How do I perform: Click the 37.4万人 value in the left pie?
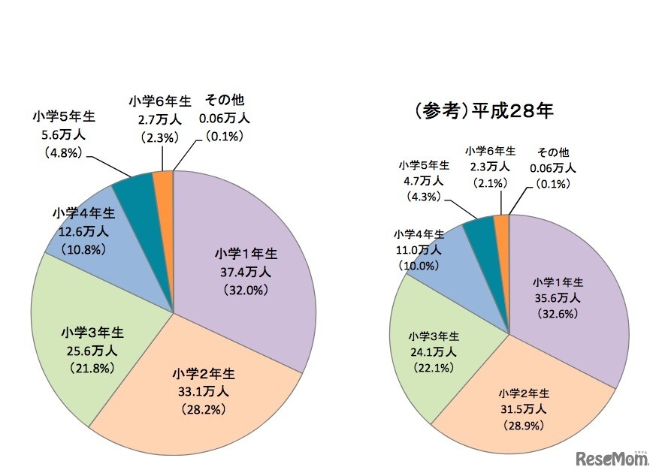click(x=240, y=271)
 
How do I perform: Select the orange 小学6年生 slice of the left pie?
click(x=164, y=180)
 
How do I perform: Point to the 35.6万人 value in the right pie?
click(x=558, y=298)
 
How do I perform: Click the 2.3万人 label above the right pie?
click(x=490, y=167)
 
